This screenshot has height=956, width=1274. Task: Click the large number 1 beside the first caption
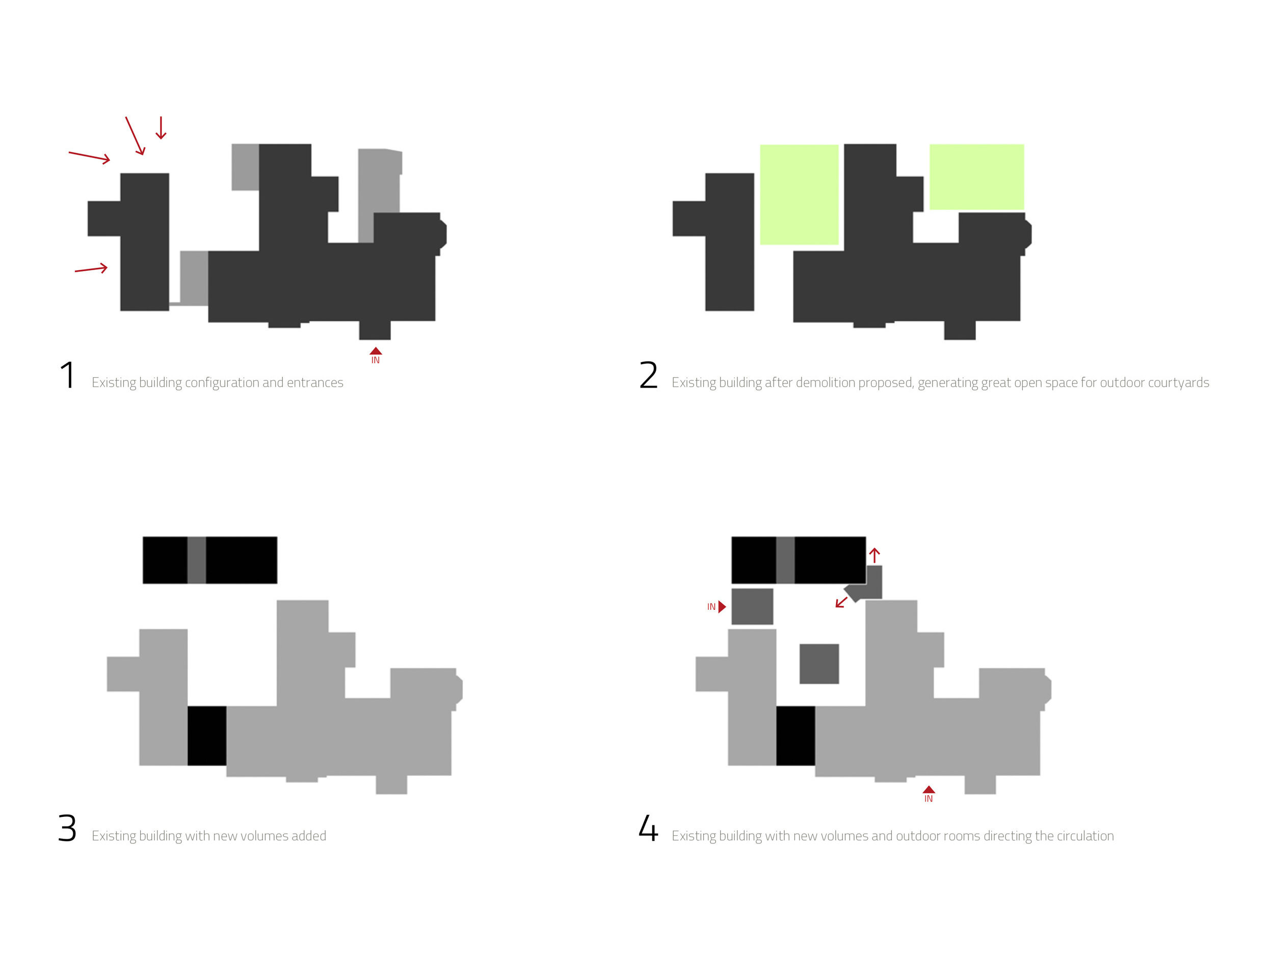pos(68,375)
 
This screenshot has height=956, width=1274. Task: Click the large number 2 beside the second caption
pos(649,375)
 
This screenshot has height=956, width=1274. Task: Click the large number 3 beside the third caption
pos(67,828)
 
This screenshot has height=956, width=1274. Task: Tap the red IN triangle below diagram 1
pos(376,351)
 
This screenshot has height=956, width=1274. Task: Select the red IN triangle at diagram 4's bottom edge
pos(928,790)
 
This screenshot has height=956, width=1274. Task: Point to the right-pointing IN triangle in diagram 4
pos(722,606)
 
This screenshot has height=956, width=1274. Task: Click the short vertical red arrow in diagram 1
pos(161,128)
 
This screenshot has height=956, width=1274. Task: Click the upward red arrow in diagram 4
pos(874,555)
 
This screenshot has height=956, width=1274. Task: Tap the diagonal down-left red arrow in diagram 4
pos(841,602)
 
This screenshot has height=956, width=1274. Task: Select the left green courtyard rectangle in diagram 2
pos(799,195)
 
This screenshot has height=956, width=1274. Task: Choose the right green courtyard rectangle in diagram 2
pos(976,177)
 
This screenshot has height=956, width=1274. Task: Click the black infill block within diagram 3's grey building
pos(207,736)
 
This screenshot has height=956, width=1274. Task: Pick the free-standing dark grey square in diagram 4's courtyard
pos(819,664)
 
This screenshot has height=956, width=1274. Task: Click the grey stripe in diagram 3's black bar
pos(196,560)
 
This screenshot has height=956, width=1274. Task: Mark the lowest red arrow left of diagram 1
pos(91,269)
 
